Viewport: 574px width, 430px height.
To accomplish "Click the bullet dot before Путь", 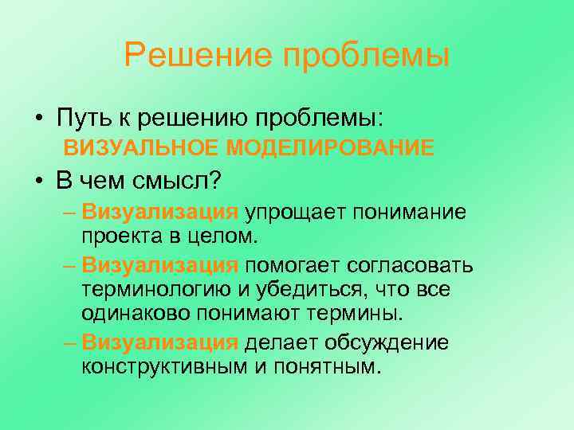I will coord(39,119).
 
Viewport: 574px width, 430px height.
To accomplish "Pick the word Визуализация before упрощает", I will coord(159,212).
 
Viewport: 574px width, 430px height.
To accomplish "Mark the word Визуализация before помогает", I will coord(159,265).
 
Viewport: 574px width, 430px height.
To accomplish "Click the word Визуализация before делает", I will coord(159,343).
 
